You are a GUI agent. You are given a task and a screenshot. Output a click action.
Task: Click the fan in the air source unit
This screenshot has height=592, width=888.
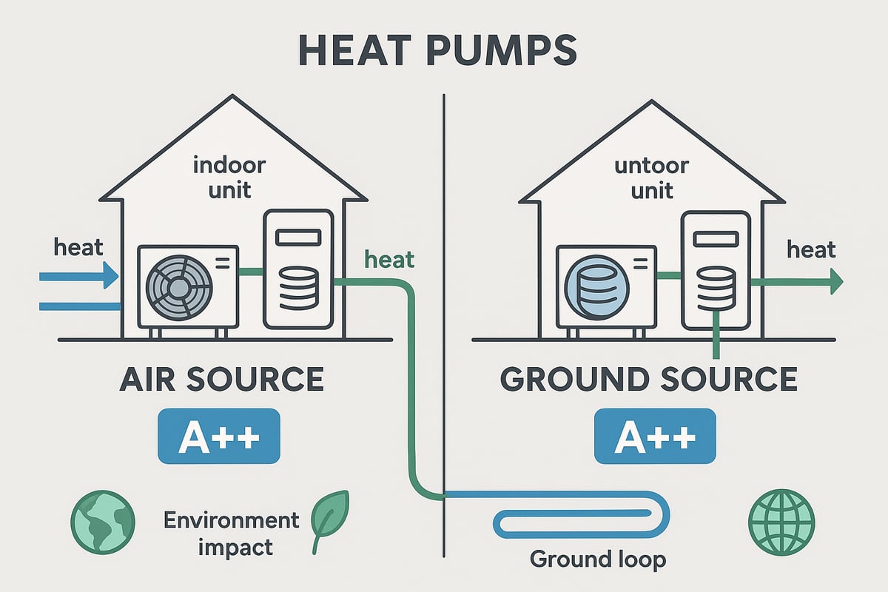pyautogui.click(x=178, y=286)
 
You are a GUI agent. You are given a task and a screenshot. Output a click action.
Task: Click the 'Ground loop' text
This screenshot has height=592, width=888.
pyautogui.click(x=598, y=559)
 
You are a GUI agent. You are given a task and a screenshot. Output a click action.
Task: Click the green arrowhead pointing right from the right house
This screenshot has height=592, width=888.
pyautogui.click(x=836, y=281)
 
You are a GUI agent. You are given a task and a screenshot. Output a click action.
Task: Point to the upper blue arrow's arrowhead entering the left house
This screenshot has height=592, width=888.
pyautogui.click(x=111, y=277)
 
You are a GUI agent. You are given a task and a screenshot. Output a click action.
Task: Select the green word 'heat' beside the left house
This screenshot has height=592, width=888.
pyautogui.click(x=390, y=260)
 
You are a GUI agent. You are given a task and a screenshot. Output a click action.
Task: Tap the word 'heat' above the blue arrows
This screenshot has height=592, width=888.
pyautogui.click(x=78, y=247)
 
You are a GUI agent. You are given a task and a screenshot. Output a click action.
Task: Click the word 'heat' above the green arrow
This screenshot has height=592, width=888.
pyautogui.click(x=811, y=249)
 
